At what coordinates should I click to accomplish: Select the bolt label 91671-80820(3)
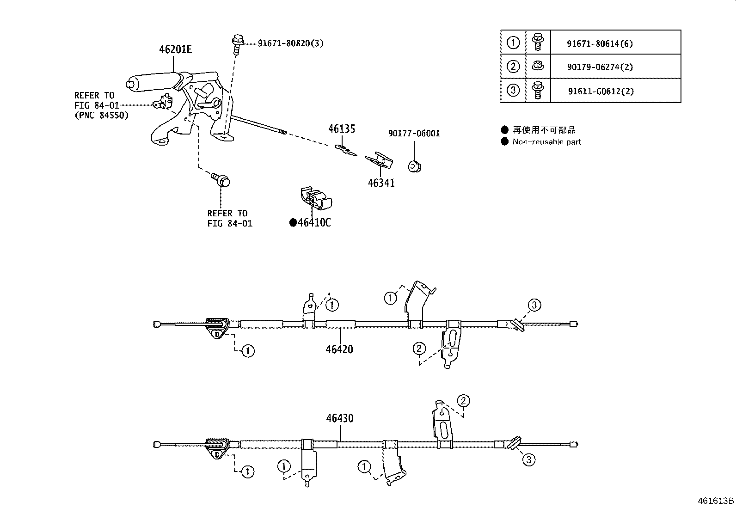pos(290,43)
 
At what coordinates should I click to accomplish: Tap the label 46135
pos(342,129)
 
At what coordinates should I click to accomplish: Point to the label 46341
pos(381,183)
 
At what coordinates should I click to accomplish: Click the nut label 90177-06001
pos(414,134)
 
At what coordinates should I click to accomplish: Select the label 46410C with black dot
pos(310,223)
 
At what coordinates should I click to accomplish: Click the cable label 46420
pos(339,349)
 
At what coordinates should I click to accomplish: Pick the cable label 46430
pos(339,418)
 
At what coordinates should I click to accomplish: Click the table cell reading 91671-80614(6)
pos(600,44)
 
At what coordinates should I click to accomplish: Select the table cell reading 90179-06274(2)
pos(600,67)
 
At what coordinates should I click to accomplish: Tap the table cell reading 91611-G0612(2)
pos(601,91)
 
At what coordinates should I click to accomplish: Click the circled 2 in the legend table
pos(513,67)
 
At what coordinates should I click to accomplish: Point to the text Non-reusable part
pos(546,142)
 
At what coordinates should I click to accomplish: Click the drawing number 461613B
pos(716,501)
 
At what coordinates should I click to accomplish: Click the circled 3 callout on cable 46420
pos(534,305)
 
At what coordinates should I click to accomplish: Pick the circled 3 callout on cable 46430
pos(528,459)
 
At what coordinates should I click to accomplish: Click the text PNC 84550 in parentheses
pos(101,115)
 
